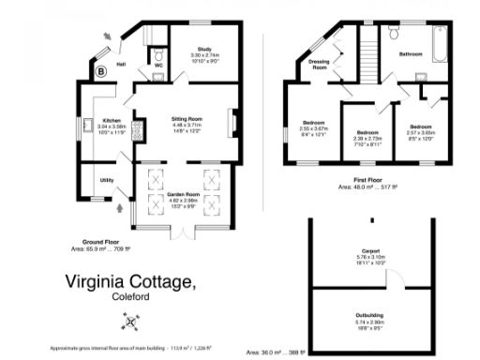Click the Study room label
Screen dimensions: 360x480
pyautogui.click(x=203, y=49)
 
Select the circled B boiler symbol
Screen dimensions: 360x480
pyautogui.click(x=101, y=70)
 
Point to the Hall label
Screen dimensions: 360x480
pyautogui.click(x=122, y=65)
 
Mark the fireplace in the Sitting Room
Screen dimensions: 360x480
pyautogui.click(x=234, y=122)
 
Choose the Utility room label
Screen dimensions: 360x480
pyautogui.click(x=107, y=179)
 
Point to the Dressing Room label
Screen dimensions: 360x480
pyautogui.click(x=319, y=66)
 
